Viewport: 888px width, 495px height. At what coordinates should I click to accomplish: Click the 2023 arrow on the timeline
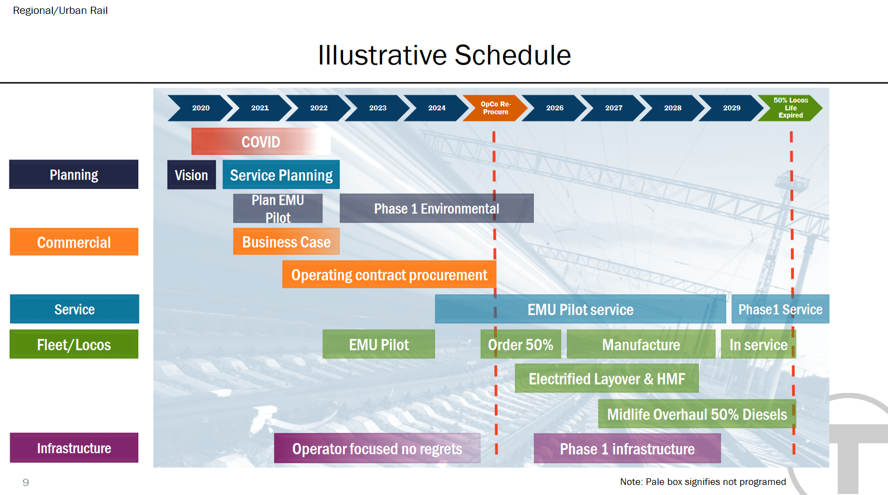(x=378, y=108)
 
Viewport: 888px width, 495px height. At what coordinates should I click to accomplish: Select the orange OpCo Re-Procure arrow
(x=495, y=108)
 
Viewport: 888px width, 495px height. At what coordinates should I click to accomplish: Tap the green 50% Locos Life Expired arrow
(x=790, y=108)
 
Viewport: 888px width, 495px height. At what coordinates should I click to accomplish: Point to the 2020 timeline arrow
(x=201, y=108)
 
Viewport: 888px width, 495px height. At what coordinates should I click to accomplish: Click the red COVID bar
(x=260, y=142)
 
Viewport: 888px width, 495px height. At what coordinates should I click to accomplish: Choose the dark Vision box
(x=191, y=175)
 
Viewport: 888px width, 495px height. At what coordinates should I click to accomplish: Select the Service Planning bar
(x=281, y=175)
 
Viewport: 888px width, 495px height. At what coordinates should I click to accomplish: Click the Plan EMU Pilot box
(x=278, y=208)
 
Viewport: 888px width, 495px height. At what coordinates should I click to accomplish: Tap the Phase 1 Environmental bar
(x=436, y=208)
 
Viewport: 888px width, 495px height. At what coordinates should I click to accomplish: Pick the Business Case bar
(x=286, y=242)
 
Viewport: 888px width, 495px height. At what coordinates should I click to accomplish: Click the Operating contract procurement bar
(x=389, y=275)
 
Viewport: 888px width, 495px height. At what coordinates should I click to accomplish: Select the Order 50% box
(x=520, y=344)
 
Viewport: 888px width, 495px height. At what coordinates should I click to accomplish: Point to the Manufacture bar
(x=641, y=344)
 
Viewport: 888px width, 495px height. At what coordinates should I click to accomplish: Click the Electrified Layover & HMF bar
(x=606, y=379)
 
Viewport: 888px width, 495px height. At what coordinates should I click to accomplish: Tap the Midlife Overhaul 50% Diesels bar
(x=697, y=414)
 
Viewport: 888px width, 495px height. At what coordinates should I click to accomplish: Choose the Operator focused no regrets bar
(x=377, y=449)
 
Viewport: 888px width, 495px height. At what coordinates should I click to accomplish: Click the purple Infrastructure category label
(x=74, y=448)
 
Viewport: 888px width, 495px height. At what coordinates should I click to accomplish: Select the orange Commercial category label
(x=74, y=242)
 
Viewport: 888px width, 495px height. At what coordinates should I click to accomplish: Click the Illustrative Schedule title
(x=444, y=55)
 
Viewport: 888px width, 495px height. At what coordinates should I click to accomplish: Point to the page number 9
(x=26, y=482)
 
